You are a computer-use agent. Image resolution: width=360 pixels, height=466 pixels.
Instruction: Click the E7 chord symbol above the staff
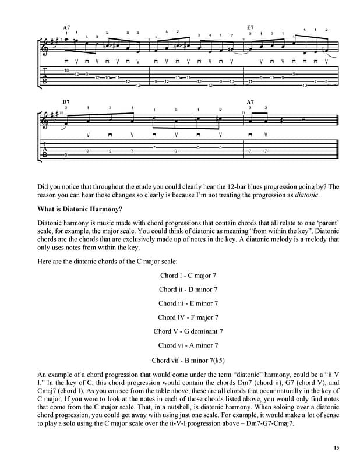point(250,27)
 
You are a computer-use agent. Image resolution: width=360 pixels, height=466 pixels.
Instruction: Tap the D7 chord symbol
point(66,102)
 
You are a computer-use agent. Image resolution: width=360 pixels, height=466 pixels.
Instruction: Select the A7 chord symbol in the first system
point(66,27)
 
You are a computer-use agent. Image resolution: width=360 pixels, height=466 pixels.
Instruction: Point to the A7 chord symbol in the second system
point(250,102)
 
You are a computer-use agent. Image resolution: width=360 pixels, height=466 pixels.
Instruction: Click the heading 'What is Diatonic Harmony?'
point(80,209)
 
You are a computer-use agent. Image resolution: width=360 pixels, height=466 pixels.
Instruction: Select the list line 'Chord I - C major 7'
point(188,276)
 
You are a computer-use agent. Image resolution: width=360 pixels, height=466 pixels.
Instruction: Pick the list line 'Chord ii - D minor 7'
point(188,290)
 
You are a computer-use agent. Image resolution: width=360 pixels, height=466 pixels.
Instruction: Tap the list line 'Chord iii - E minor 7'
point(188,303)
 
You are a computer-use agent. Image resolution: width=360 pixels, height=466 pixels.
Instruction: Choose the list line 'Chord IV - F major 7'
point(188,317)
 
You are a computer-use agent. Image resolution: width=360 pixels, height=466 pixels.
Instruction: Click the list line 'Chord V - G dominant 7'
point(188,331)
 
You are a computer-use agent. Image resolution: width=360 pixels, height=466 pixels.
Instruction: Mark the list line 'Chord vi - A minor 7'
point(188,345)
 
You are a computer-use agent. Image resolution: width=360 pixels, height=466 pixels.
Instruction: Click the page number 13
point(336,447)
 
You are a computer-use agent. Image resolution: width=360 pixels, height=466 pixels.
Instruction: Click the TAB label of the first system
point(45,76)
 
